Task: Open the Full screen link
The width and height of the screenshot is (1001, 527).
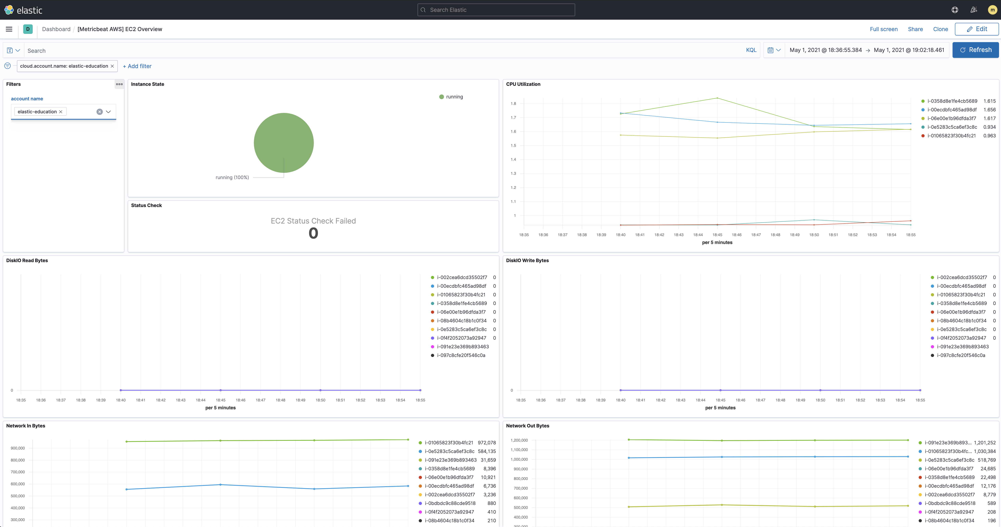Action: [x=883, y=29]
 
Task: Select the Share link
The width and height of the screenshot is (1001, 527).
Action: [x=915, y=29]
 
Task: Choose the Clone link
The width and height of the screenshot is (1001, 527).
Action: [x=940, y=29]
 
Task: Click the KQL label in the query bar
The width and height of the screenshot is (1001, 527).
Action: [x=751, y=50]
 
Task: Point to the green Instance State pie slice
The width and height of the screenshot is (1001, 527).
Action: [x=284, y=142]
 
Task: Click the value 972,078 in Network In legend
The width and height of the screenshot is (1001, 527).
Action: [x=487, y=443]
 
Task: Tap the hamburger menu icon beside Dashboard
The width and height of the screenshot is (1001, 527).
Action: [x=9, y=29]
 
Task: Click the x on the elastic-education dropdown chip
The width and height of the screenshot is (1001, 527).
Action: [x=61, y=112]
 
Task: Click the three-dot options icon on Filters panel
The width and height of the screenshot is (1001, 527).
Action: [x=119, y=84]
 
